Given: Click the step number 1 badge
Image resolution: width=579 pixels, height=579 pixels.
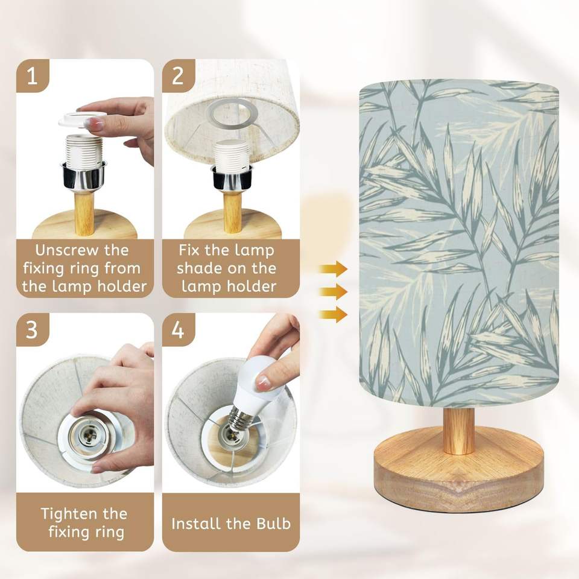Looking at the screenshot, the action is point(33,76).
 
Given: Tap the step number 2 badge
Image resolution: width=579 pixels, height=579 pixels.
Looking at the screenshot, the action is point(179,76).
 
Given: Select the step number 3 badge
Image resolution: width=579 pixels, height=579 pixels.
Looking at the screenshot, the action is point(33,330).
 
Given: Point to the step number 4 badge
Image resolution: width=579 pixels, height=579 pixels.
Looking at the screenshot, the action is point(179,330).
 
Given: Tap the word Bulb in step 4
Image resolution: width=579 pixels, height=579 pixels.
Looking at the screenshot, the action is point(274,524).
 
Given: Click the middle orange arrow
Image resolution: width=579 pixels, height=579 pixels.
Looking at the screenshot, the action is point(333,292).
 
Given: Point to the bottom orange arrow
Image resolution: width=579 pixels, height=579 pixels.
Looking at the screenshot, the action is point(333,315).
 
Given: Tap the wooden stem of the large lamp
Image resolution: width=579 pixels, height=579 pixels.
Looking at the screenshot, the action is point(458,430).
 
